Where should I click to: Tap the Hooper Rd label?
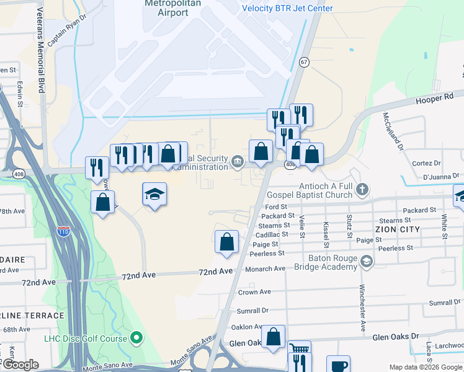click(435, 98)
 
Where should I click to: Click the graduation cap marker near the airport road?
click(154, 195)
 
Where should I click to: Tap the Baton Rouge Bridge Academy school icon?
click(367, 262)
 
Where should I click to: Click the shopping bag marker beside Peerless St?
click(226, 241)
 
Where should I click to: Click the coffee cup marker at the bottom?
click(338, 366)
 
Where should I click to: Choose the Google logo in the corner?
click(20, 365)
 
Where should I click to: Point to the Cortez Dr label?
click(426, 163)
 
